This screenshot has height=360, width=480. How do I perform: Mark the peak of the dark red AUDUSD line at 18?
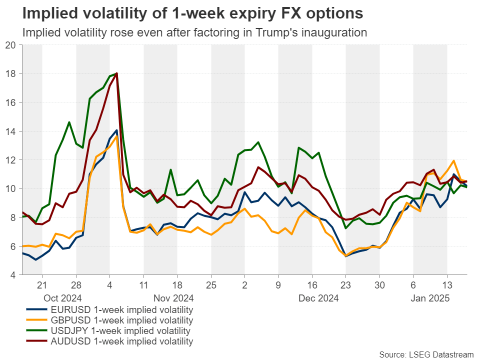(x=116, y=73)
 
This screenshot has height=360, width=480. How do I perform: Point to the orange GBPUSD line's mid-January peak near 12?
(x=453, y=161)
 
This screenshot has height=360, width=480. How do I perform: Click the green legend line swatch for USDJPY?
(x=38, y=331)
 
